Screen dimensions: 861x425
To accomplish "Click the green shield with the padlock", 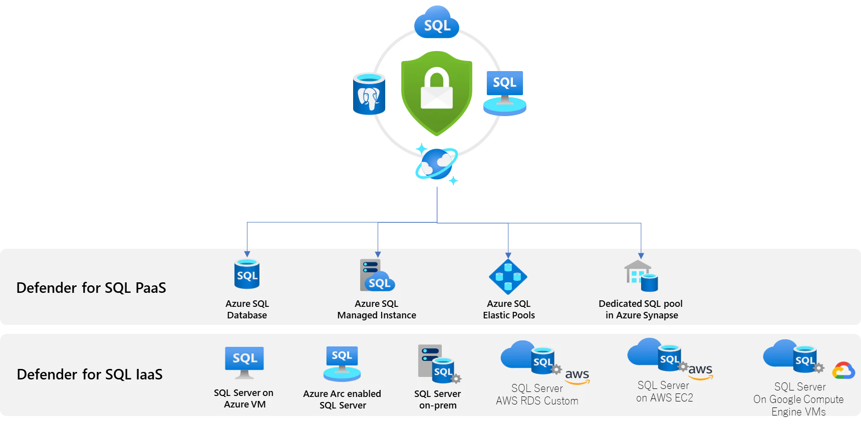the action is (437, 93).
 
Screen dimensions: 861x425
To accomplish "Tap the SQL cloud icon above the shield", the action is (437, 22).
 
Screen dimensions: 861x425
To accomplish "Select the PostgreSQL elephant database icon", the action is (369, 94).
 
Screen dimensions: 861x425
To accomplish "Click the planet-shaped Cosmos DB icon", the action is (437, 164).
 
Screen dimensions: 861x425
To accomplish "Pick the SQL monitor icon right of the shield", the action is (505, 94).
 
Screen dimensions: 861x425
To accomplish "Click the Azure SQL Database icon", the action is (247, 274).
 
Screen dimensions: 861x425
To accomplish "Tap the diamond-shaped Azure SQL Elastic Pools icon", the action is (508, 276).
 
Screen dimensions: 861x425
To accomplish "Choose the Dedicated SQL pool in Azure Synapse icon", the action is (641, 276).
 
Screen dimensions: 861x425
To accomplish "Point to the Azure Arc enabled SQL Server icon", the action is (342, 364).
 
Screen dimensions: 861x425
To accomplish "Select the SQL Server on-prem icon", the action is (439, 364).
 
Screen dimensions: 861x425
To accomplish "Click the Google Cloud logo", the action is (843, 370).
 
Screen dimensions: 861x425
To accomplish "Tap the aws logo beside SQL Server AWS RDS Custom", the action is (578, 376).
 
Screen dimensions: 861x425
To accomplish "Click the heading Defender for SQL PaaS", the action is (91, 288).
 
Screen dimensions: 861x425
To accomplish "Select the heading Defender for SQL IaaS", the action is (90, 374).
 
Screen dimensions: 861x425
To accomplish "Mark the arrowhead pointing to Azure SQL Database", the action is (247, 254).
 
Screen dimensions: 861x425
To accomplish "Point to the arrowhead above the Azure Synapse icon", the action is (641, 256).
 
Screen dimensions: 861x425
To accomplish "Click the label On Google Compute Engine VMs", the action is (799, 405).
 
